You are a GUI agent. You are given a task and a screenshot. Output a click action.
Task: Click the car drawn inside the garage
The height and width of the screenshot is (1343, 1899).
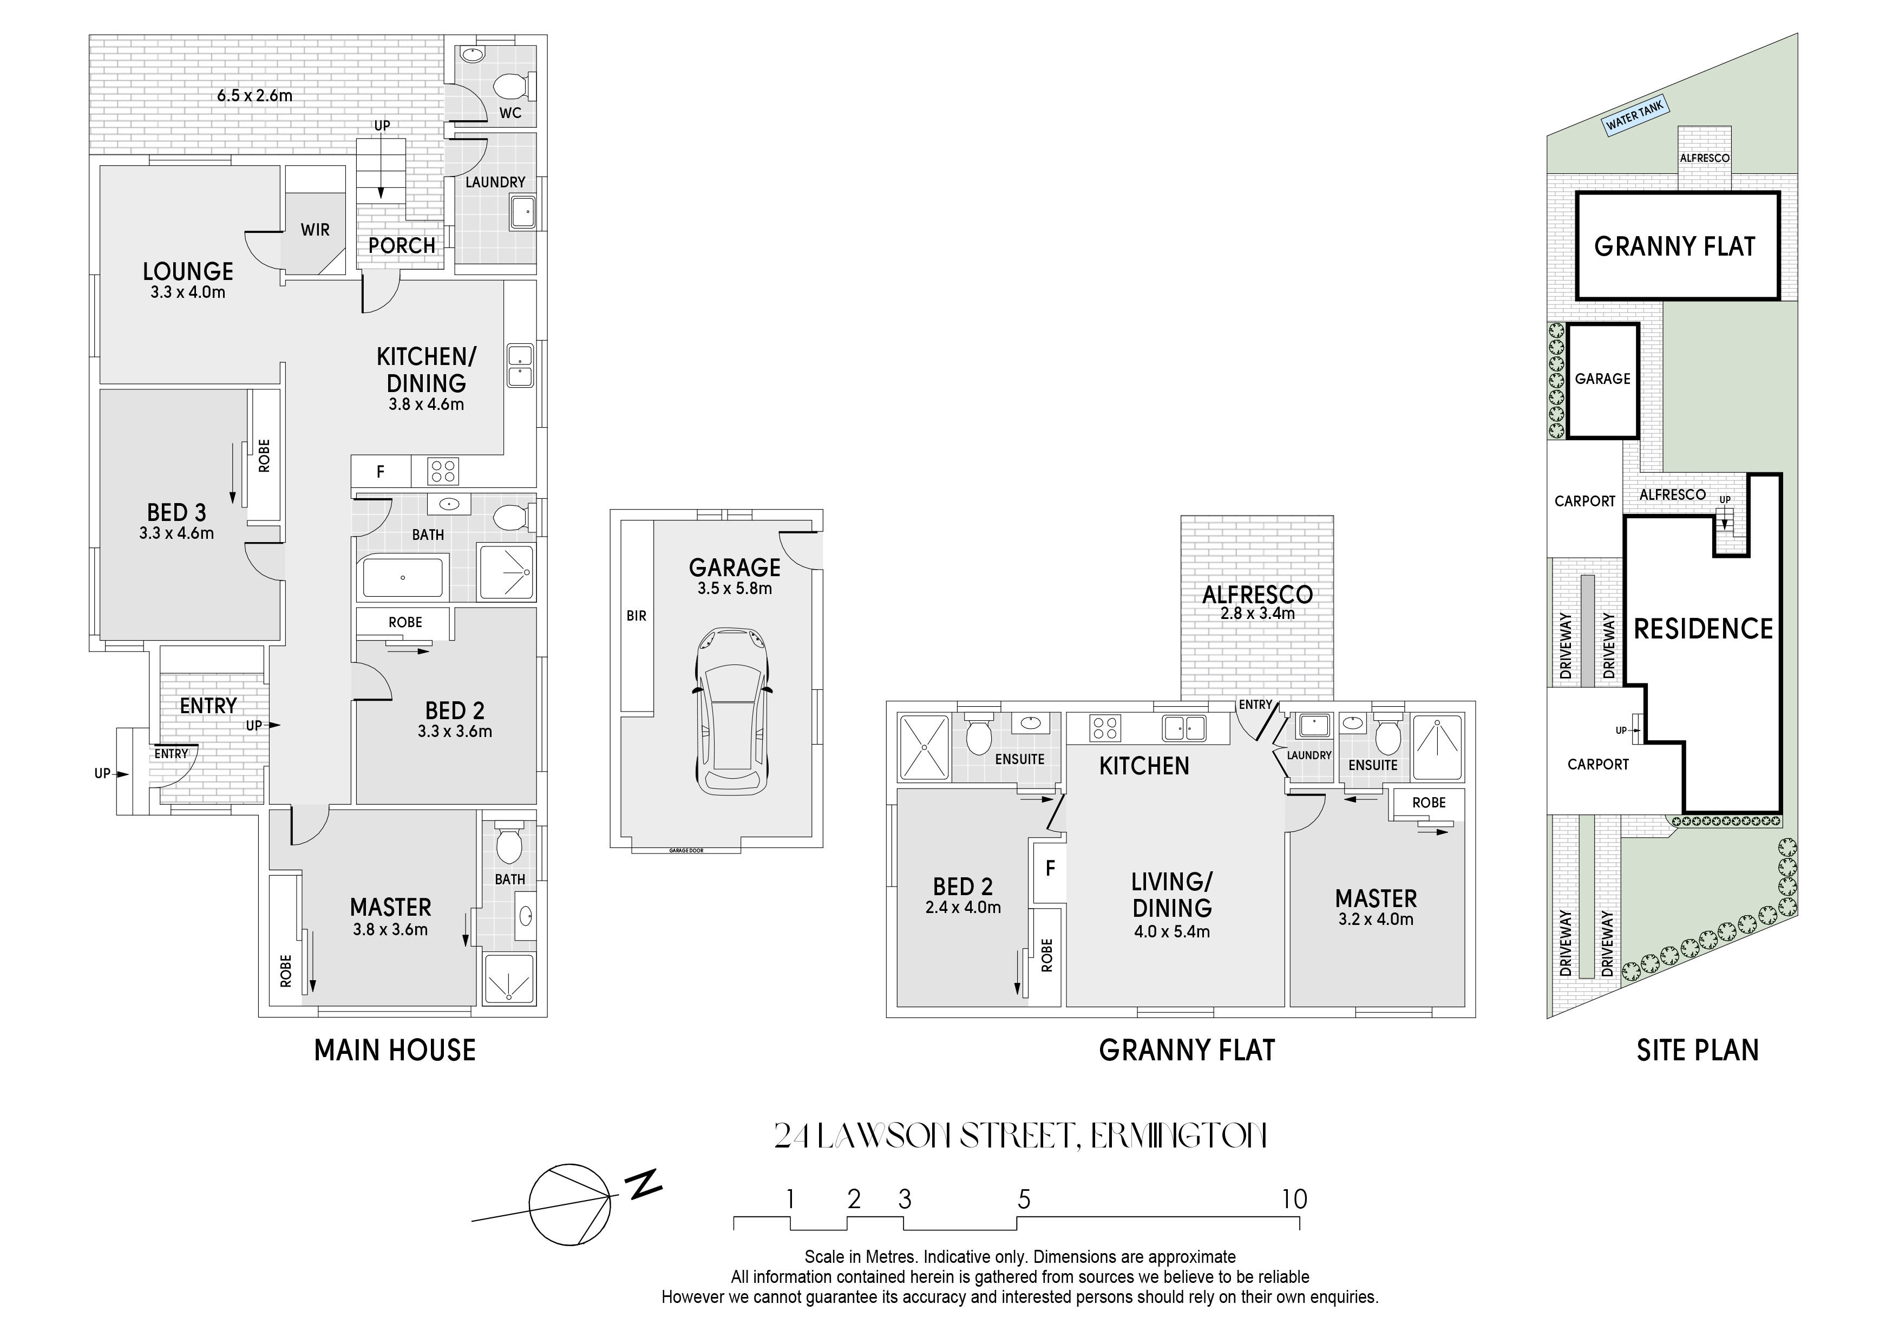click(x=734, y=713)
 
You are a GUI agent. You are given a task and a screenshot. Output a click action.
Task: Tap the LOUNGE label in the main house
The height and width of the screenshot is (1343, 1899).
click(x=188, y=271)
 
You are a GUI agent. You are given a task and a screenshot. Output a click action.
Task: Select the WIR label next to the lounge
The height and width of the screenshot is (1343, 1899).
click(x=315, y=230)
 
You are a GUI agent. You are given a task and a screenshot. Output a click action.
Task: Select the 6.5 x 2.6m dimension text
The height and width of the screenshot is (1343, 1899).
click(x=255, y=95)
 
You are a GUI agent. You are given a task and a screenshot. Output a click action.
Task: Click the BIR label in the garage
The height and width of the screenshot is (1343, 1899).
click(x=636, y=616)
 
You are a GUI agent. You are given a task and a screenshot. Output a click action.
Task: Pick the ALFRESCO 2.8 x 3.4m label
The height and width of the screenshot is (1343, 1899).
click(x=1257, y=602)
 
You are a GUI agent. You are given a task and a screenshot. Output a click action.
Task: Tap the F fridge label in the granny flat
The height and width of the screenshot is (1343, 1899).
click(x=1050, y=868)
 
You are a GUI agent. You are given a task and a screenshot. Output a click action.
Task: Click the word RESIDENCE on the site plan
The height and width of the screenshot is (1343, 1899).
click(x=1703, y=629)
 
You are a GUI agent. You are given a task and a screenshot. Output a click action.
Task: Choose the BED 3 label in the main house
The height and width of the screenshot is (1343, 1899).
click(x=176, y=512)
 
